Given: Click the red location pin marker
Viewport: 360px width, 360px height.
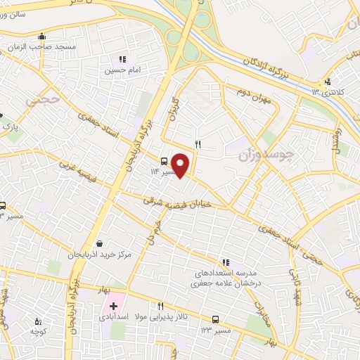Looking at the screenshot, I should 181,165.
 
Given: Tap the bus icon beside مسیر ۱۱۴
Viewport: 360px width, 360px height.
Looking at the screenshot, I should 164,160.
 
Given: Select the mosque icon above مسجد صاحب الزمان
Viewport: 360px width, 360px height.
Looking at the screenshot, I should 41,36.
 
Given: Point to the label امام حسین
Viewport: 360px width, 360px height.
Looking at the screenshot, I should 119,70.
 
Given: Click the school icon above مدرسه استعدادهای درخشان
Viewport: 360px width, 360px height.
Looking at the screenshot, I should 225,261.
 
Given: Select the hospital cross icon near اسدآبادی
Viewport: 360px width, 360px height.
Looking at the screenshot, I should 113,307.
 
